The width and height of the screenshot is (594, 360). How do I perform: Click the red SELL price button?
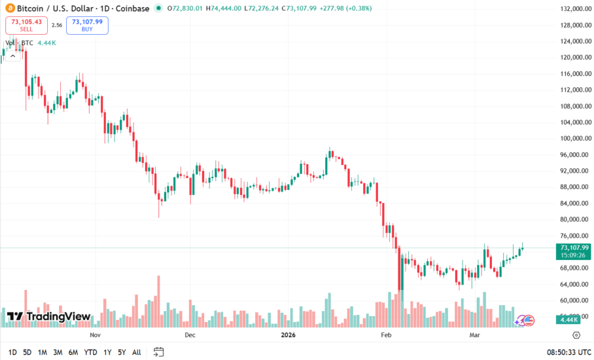tap(26, 26)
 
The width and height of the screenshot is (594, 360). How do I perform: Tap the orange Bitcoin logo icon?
tap(8, 9)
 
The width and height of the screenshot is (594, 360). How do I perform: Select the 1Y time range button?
tap(107, 352)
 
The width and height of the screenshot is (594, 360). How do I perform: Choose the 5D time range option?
tap(27, 352)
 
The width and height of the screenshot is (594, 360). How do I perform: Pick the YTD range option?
tap(90, 352)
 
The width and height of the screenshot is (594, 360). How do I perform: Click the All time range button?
tap(136, 352)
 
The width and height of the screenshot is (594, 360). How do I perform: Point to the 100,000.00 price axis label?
tap(567, 139)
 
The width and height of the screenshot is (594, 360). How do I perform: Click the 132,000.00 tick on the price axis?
tap(567, 9)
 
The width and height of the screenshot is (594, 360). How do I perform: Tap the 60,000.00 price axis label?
tap(567, 300)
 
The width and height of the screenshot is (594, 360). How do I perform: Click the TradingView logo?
tap(48, 317)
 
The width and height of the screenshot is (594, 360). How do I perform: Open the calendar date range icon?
tap(158, 352)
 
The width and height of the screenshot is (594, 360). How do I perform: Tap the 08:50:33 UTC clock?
tap(567, 352)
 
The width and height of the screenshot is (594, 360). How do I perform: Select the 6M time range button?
tap(73, 352)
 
